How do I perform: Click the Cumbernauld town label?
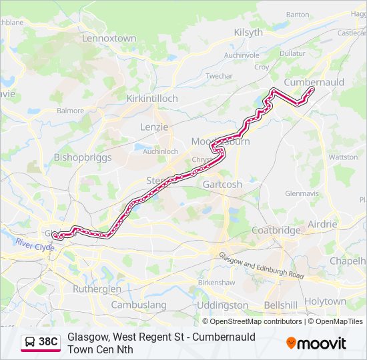point(314,81)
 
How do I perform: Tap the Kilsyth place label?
point(249,32)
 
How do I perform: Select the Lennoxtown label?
point(109,39)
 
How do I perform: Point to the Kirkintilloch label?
point(152,99)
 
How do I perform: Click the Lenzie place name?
point(154,127)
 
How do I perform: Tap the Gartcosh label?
point(222,184)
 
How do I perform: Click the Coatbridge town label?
point(276,230)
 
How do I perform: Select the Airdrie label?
point(322,224)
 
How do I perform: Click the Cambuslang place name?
point(139,305)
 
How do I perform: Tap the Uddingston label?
point(223,305)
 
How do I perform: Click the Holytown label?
point(325,301)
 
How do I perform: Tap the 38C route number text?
point(48,342)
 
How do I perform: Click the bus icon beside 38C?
point(30,342)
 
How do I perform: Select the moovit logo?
point(316,343)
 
